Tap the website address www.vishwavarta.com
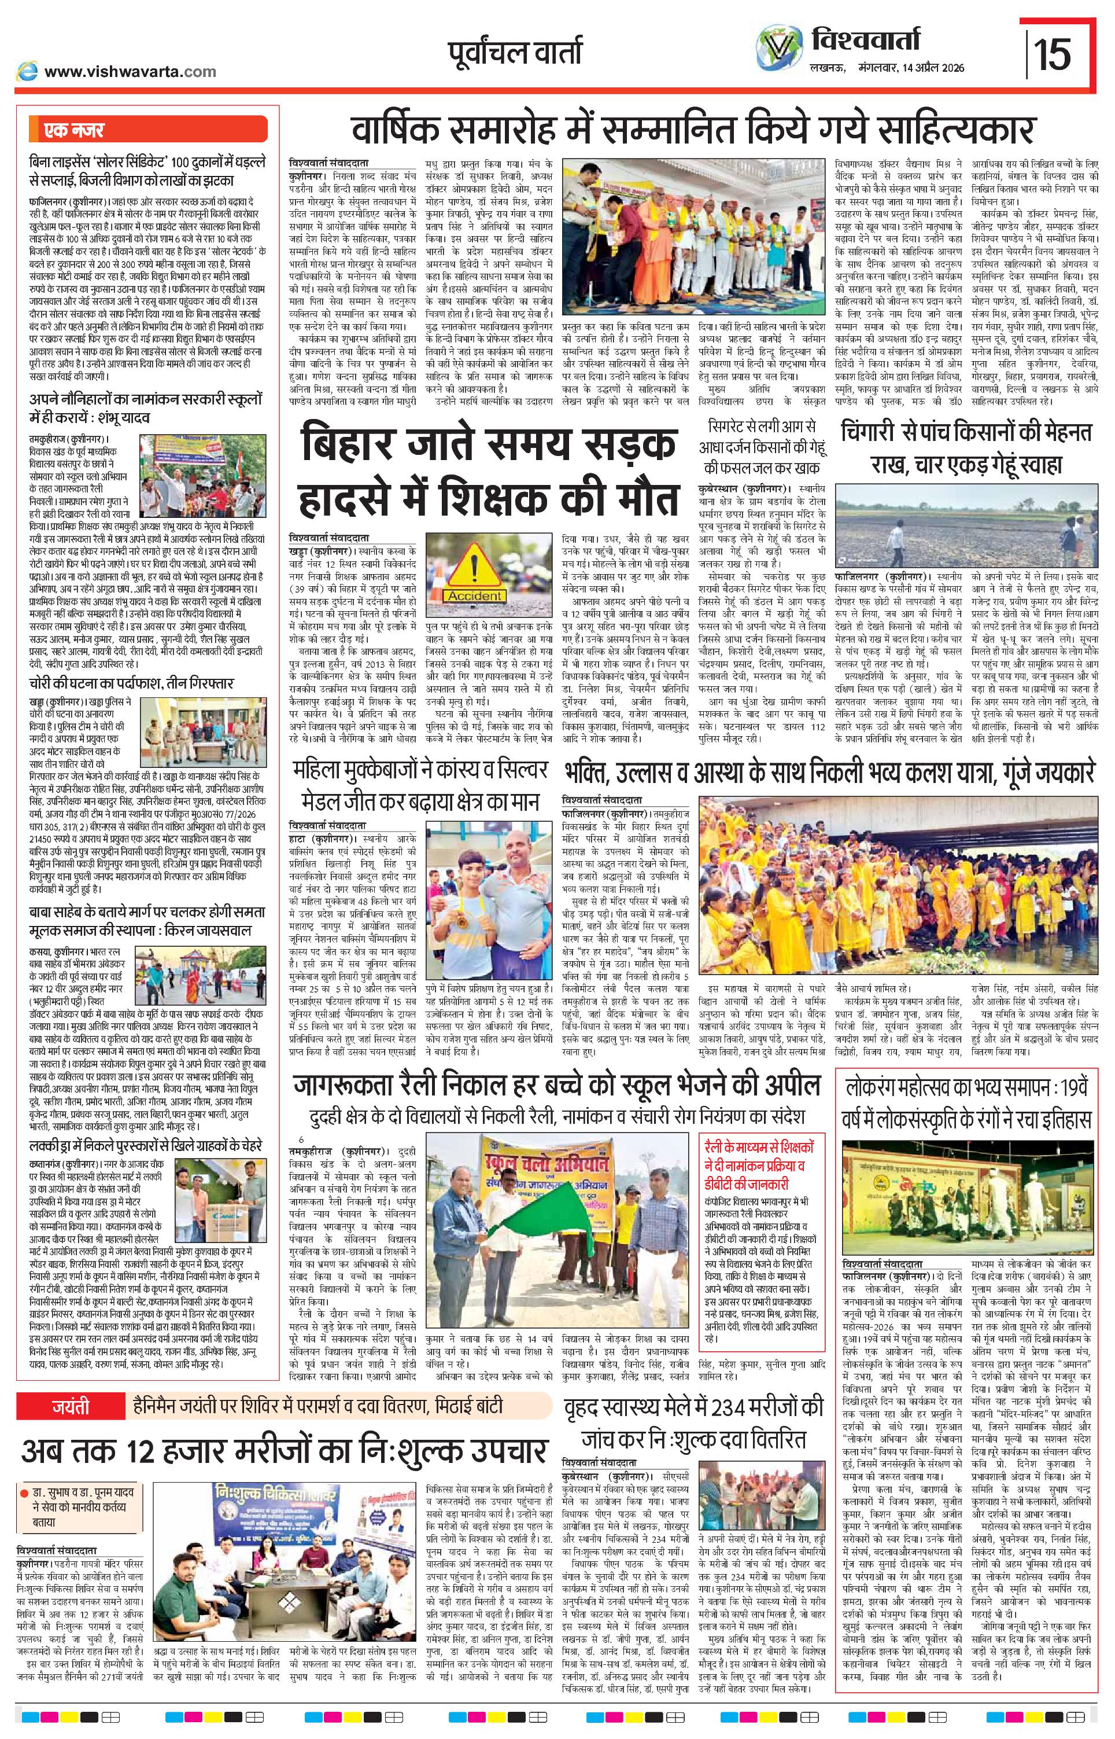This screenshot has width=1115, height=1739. [130, 71]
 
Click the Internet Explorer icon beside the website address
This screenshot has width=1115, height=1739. [28, 71]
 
